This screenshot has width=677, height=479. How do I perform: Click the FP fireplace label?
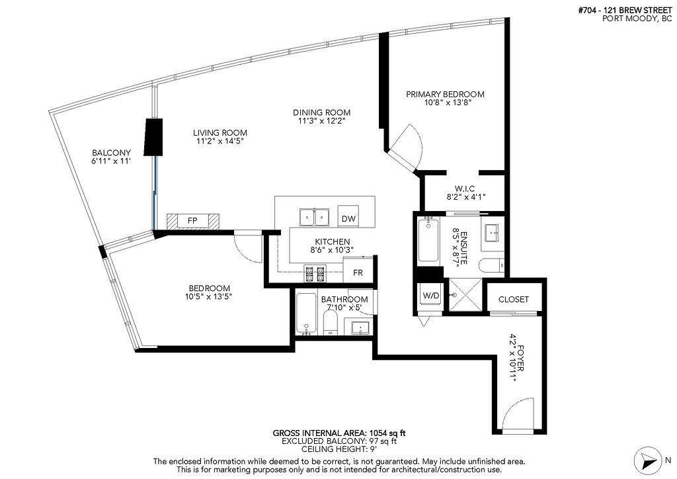(x=192, y=220)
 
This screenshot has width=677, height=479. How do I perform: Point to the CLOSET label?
(x=514, y=299)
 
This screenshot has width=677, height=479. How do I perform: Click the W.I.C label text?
(x=461, y=189)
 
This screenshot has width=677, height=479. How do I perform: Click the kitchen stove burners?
(x=313, y=271)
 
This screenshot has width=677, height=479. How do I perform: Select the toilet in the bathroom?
(x=331, y=324)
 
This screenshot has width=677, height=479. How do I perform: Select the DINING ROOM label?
(x=322, y=112)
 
